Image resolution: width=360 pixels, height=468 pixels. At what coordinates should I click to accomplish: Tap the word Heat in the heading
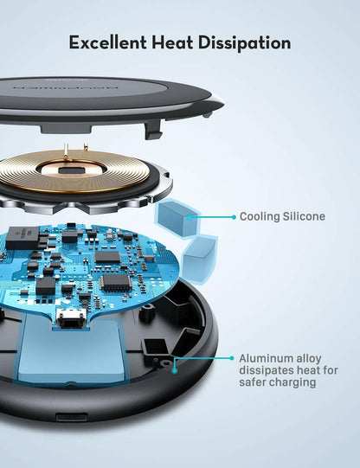click(176, 42)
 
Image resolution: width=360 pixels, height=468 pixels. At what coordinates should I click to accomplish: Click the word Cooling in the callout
click(261, 216)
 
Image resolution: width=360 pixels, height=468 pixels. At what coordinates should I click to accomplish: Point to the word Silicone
click(305, 216)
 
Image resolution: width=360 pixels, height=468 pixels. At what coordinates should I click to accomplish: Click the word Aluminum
click(267, 357)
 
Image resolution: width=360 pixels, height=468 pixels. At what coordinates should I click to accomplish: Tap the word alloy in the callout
click(313, 357)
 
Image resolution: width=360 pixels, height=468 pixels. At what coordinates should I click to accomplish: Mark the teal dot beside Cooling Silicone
click(232, 216)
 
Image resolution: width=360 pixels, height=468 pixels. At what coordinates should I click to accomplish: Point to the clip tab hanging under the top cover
click(154, 130)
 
